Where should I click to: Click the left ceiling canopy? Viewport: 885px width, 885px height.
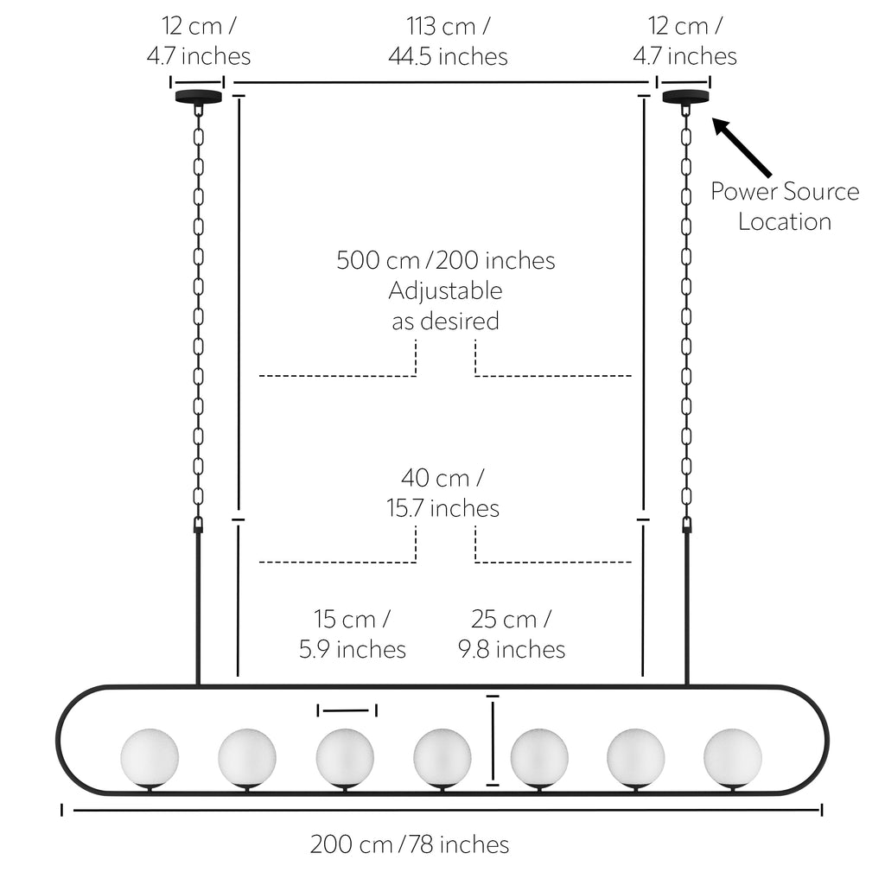(198, 97)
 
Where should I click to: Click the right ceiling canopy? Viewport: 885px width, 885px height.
(685, 97)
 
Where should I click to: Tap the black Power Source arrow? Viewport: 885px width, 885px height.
(742, 147)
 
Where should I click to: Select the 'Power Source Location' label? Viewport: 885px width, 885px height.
(785, 206)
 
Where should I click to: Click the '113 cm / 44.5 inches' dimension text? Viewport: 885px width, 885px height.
(449, 41)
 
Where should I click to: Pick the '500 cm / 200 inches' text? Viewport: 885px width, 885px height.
(446, 260)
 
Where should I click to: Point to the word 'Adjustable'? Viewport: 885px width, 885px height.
(445, 290)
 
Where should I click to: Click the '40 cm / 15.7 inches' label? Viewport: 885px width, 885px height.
(443, 493)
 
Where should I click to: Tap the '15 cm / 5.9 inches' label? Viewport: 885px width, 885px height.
(353, 634)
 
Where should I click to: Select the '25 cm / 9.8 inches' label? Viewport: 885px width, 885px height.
(512, 634)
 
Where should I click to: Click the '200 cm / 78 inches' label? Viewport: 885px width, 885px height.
(410, 844)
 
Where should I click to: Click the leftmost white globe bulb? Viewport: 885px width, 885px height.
(150, 757)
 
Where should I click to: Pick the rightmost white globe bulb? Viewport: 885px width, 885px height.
(733, 757)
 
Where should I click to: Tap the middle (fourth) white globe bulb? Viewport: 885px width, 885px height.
(442, 757)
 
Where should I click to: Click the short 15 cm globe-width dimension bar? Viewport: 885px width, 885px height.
(347, 710)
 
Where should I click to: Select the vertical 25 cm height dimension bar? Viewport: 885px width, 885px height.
(493, 741)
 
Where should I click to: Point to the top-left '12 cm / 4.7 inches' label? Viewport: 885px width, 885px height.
(199, 41)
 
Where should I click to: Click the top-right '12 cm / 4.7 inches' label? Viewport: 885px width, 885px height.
(684, 41)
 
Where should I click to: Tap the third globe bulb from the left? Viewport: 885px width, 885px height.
(345, 757)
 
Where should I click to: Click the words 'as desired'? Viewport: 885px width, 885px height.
(445, 322)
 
